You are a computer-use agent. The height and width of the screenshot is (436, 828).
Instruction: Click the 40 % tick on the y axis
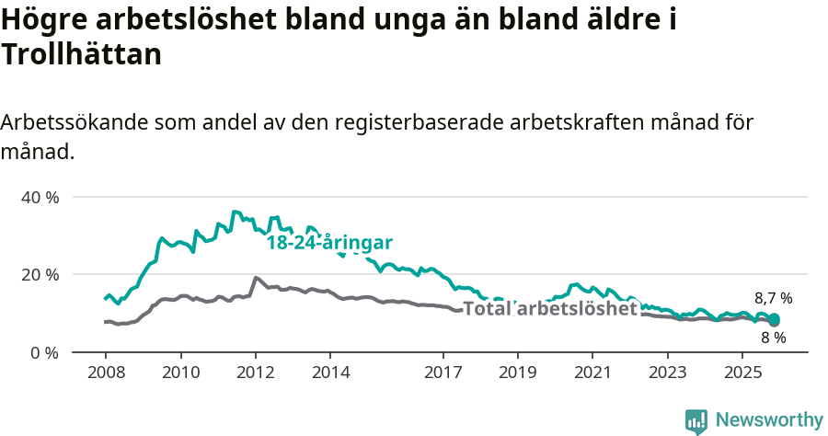[40, 198]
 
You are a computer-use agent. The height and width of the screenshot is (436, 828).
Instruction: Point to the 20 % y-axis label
[40, 275]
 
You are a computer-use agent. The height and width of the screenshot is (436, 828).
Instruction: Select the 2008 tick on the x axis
[105, 373]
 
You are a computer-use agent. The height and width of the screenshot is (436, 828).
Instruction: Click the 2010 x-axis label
[180, 373]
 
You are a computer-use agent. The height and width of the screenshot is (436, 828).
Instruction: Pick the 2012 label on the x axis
[255, 373]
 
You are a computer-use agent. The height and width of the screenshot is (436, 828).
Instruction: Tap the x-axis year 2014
[330, 373]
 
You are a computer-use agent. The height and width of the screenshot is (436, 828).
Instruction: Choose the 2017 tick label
[443, 373]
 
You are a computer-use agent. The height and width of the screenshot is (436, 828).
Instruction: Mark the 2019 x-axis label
[517, 373]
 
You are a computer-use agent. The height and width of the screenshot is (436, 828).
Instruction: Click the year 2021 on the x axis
[592, 373]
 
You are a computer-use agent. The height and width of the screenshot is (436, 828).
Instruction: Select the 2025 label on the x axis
[742, 373]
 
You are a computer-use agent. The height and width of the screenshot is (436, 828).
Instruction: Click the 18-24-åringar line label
[329, 243]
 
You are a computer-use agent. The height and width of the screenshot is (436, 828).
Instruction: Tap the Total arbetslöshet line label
[549, 309]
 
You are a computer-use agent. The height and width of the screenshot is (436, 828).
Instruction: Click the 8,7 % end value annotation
[773, 298]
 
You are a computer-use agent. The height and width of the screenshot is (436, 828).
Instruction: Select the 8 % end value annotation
[773, 338]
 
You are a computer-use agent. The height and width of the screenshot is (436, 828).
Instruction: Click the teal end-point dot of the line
[774, 319]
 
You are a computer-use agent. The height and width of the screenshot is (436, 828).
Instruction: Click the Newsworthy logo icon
[696, 420]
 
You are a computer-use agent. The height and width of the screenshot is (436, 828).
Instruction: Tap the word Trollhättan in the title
[82, 55]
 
